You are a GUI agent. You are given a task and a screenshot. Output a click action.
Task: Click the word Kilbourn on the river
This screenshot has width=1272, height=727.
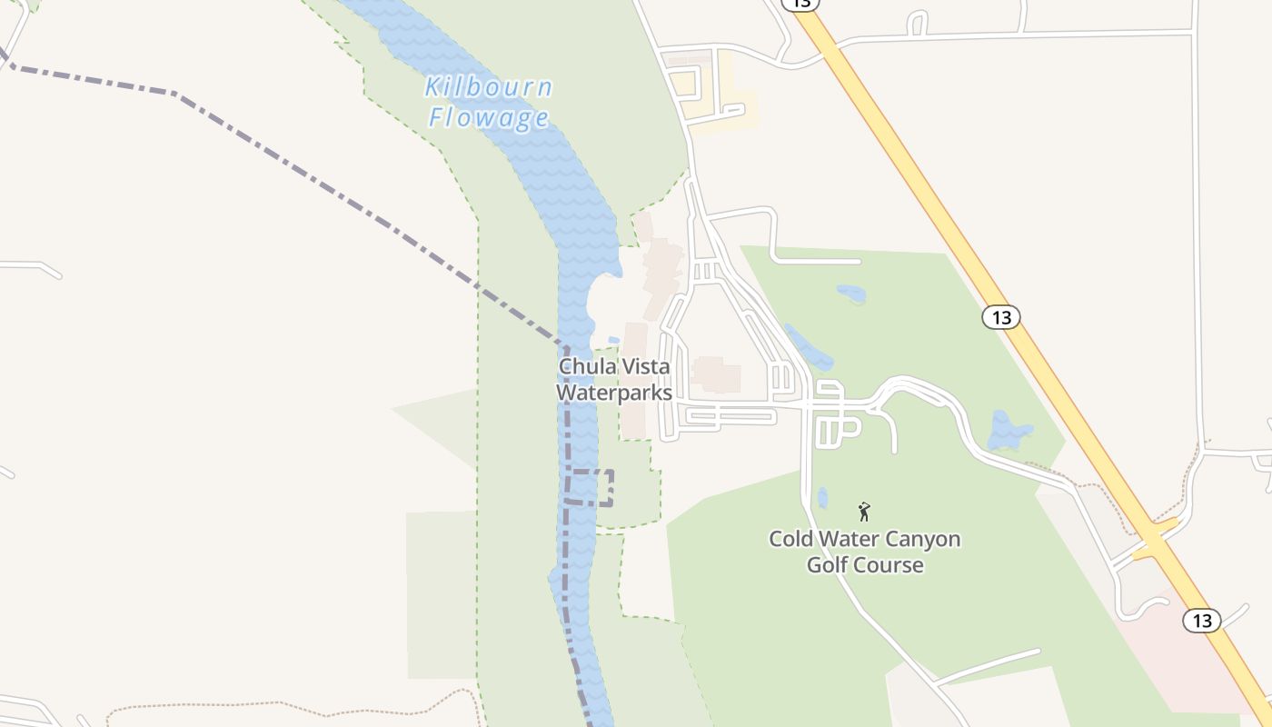click(488, 88)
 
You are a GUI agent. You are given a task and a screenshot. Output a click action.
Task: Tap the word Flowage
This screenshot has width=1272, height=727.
click(489, 118)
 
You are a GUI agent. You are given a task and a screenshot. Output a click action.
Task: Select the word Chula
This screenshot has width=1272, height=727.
click(587, 366)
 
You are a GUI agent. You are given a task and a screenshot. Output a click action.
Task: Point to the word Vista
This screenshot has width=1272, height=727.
click(644, 366)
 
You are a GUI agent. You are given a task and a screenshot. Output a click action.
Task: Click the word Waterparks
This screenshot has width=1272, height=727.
click(613, 393)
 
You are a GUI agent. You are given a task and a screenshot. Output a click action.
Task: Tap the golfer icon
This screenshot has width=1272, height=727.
click(864, 512)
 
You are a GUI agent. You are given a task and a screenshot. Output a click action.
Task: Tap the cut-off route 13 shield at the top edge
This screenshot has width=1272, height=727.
click(800, 5)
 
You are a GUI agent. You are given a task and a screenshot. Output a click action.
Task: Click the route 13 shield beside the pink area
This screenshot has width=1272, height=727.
click(1201, 621)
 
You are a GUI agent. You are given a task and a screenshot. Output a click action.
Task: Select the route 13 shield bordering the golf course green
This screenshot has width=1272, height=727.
click(1000, 317)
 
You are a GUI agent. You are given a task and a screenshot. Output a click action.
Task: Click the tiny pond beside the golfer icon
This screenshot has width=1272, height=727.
click(822, 498)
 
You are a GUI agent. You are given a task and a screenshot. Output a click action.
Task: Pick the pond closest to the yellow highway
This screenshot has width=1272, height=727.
click(1009, 431)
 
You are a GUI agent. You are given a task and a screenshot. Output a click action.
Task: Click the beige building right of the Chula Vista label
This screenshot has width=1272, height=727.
click(717, 374)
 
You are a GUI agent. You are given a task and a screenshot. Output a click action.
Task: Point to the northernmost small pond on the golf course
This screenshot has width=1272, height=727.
click(850, 294)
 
